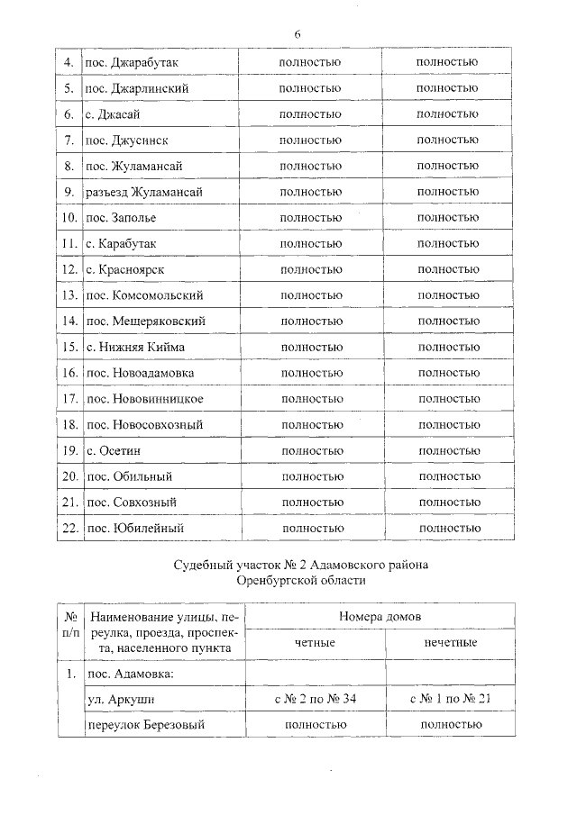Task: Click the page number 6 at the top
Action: (x=297, y=33)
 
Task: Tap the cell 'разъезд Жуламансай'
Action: (x=142, y=192)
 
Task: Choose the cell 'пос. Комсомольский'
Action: (x=143, y=295)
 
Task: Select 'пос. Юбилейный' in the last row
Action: (x=133, y=528)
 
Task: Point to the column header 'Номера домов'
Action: (x=380, y=616)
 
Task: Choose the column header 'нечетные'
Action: (x=450, y=642)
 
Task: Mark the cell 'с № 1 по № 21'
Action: (x=450, y=699)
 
